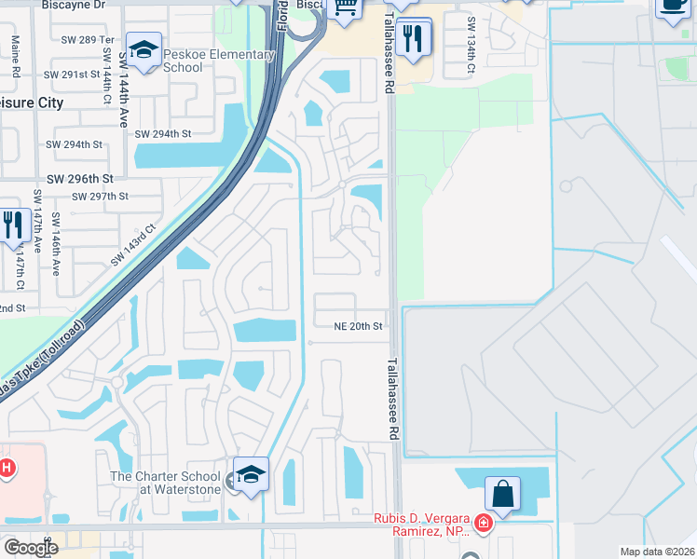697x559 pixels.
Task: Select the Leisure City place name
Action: (x=33, y=103)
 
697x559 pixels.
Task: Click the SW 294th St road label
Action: (x=163, y=134)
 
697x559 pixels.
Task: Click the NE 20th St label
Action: (x=359, y=327)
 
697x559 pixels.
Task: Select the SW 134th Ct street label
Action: (x=471, y=47)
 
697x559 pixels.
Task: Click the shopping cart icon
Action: (x=346, y=8)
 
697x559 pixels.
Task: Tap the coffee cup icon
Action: (x=673, y=5)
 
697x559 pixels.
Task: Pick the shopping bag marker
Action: (x=502, y=494)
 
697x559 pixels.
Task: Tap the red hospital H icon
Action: (x=6, y=467)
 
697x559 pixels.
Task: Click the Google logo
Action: (x=31, y=547)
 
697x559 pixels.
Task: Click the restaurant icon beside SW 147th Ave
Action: (x=12, y=225)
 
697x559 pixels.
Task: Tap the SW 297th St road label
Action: (x=101, y=197)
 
